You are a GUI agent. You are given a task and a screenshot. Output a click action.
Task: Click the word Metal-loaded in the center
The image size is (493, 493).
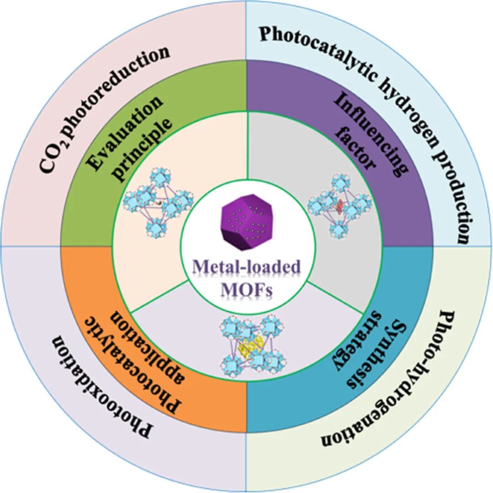[247, 267]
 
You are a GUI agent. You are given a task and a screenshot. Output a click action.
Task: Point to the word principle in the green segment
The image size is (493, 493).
[148, 150]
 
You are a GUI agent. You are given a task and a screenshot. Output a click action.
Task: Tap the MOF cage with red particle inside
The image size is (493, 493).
[340, 205]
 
